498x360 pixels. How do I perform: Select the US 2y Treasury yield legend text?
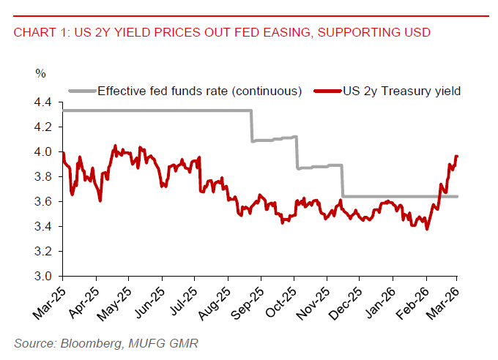[403, 91]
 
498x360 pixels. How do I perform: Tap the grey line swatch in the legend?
[81, 91]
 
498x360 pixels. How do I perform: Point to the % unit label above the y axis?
[40, 73]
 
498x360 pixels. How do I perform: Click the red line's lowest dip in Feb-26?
[427, 229]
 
